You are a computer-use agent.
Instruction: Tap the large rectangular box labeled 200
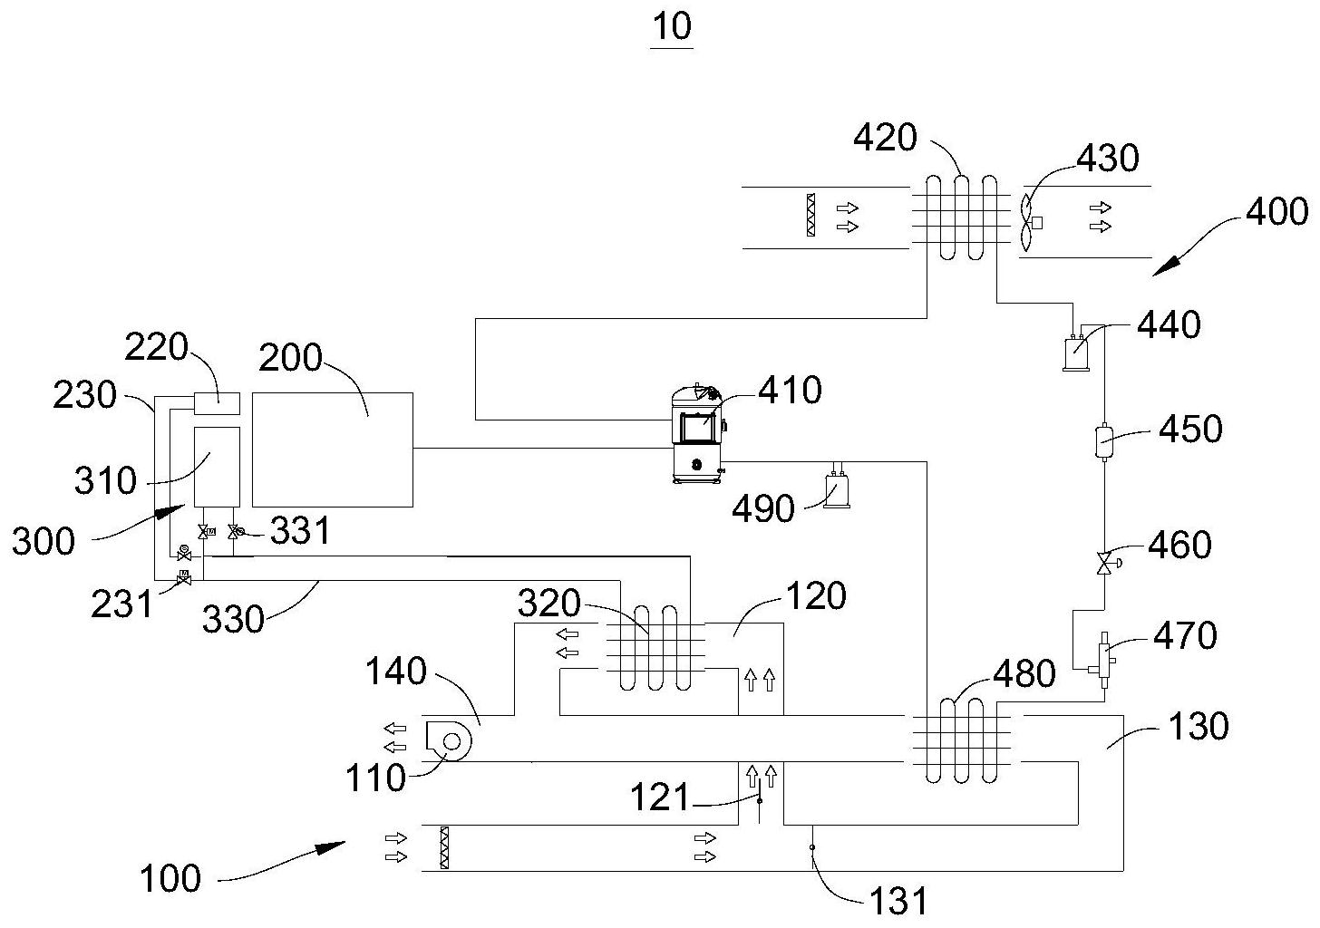[332, 449]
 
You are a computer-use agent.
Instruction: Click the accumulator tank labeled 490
[837, 490]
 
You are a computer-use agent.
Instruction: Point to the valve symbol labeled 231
[184, 577]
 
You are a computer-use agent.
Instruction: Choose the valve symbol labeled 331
[234, 531]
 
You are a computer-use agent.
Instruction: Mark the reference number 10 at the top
[672, 26]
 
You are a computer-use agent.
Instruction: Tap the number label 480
[1024, 673]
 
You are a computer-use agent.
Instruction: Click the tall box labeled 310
[217, 466]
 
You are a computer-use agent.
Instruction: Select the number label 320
[548, 602]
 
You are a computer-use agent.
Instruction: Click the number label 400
[1276, 212]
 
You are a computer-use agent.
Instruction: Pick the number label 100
[170, 877]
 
